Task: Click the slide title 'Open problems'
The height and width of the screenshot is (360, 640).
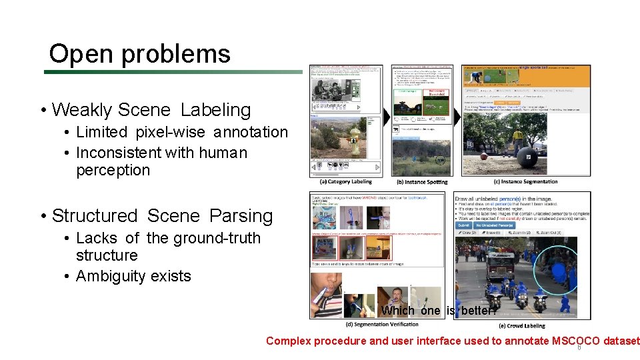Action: coord(139,54)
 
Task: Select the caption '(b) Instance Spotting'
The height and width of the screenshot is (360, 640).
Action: coord(422,182)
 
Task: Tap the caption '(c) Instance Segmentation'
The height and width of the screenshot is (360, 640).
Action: coord(525,181)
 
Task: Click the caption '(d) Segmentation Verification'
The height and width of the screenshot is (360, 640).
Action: coord(382,325)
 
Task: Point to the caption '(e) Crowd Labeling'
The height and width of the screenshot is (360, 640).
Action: coord(521,325)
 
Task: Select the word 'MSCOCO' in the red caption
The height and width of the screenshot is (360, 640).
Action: coord(575,341)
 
